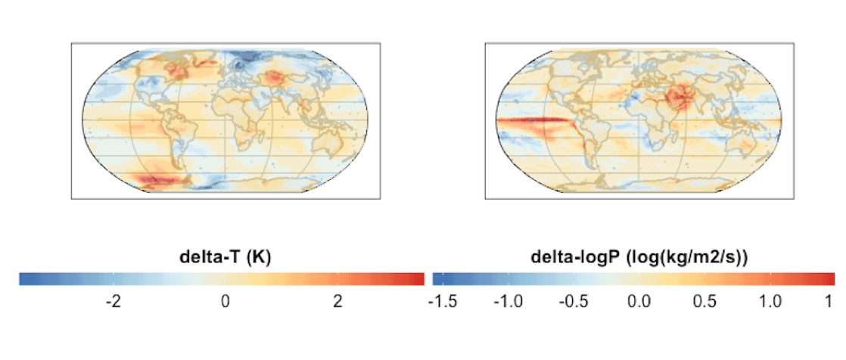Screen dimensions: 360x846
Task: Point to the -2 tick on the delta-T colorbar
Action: [x=113, y=302]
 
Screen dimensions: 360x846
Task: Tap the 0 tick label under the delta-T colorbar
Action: [x=225, y=302]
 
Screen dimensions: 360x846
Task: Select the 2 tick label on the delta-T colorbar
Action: [x=337, y=302]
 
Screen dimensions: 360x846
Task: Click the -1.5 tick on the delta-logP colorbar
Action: [x=442, y=302]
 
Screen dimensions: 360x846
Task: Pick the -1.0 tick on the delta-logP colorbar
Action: [x=507, y=302]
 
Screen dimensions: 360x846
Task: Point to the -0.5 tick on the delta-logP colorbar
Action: [x=573, y=302]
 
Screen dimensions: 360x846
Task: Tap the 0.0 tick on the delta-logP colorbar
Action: [x=639, y=302]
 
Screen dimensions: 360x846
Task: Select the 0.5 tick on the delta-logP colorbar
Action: [x=705, y=302]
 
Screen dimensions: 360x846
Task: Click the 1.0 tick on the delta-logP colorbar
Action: [x=770, y=302]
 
